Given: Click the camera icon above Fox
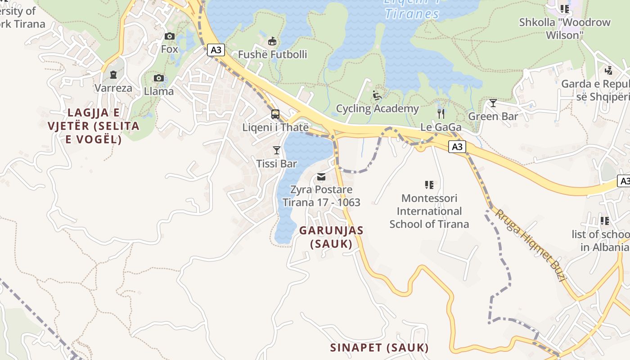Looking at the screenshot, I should [x=170, y=36].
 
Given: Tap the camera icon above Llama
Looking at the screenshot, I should [x=158, y=78].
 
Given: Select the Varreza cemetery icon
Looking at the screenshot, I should [x=113, y=75].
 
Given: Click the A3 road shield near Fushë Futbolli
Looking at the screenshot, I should [x=216, y=50].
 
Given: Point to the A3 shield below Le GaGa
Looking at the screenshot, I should [x=457, y=147].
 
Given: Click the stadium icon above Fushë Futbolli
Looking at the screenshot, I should [x=272, y=41].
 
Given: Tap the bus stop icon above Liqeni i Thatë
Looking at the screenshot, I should [x=275, y=114].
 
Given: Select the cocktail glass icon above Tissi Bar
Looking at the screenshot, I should [x=277, y=150].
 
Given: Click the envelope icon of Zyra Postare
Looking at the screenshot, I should [x=321, y=177].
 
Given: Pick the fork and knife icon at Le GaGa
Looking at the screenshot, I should [x=441, y=114].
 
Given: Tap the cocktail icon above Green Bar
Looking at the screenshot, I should [x=493, y=103].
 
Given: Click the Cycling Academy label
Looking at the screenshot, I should [x=377, y=108].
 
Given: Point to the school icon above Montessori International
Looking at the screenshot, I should [x=429, y=184].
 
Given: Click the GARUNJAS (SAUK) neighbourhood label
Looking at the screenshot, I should [x=331, y=237].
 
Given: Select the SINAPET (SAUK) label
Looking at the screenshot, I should [x=379, y=347].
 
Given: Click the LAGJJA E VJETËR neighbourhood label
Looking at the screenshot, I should [x=94, y=126].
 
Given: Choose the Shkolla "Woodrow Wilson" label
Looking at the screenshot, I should [x=564, y=28].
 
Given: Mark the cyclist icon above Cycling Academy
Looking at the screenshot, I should [x=377, y=95].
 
